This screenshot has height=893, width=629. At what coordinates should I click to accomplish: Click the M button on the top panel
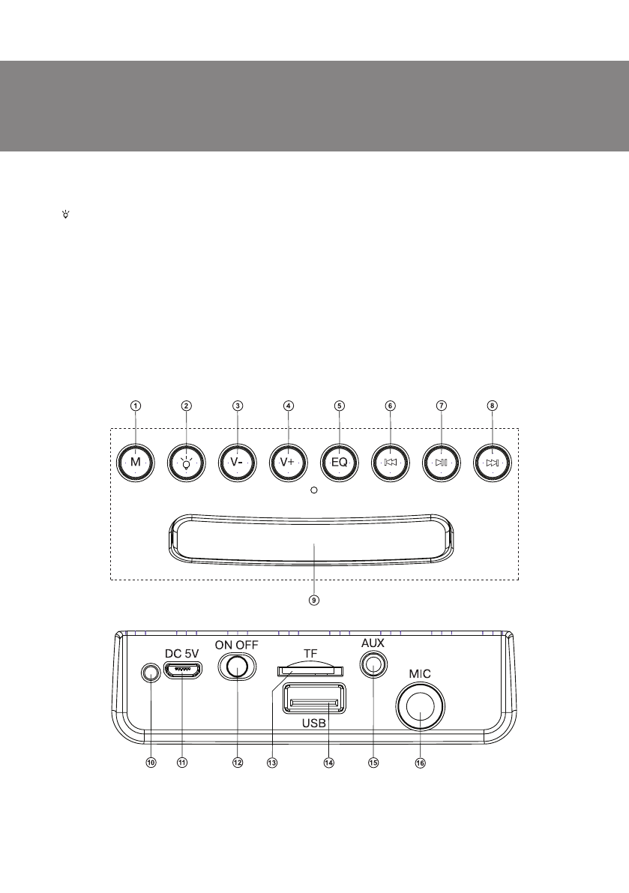(136, 463)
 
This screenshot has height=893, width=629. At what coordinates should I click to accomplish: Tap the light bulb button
(187, 463)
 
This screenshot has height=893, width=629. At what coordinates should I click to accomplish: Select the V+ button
(289, 463)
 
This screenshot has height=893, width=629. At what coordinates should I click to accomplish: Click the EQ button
(340, 463)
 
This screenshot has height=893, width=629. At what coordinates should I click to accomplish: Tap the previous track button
(391, 463)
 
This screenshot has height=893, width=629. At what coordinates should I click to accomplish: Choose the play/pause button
(442, 463)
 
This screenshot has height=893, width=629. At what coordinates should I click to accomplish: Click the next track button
(493, 463)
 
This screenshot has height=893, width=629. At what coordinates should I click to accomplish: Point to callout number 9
(315, 600)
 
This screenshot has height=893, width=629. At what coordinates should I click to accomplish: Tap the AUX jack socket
(373, 664)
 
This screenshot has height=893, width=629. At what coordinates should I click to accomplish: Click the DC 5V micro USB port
(183, 672)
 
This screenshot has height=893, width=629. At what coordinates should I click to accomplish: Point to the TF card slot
(307, 669)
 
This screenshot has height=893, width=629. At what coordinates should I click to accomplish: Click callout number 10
(151, 762)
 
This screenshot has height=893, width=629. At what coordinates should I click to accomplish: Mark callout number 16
(420, 762)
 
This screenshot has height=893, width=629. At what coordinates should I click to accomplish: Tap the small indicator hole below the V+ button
(314, 490)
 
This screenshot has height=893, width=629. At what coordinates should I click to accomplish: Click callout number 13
(272, 762)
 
